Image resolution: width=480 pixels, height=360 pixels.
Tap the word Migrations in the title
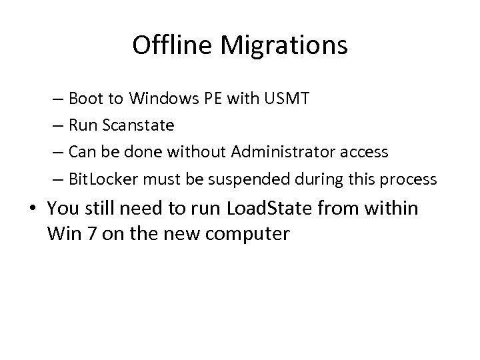tap(286, 45)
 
